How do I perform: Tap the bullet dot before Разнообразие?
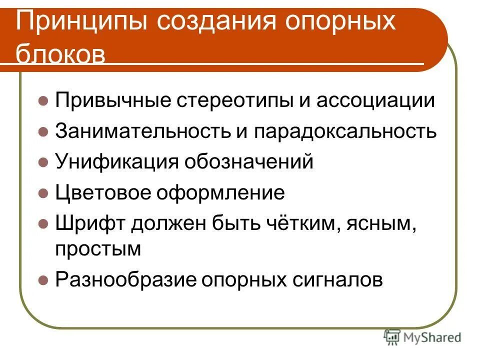(x=43, y=279)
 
